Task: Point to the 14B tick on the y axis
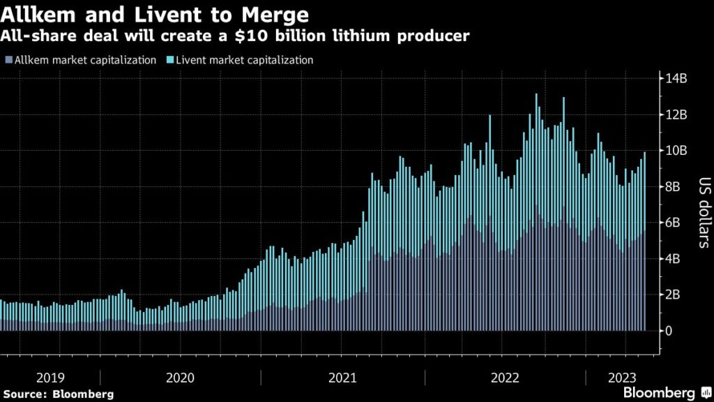pyautogui.click(x=677, y=78)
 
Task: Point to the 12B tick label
pyautogui.click(x=677, y=114)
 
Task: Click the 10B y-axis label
pyautogui.click(x=677, y=151)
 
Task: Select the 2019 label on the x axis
pyautogui.click(x=50, y=378)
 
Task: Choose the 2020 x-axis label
pyautogui.click(x=180, y=378)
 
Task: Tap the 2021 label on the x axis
pyautogui.click(x=342, y=378)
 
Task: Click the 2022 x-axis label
pyautogui.click(x=505, y=378)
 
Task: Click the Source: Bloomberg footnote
pyautogui.click(x=58, y=394)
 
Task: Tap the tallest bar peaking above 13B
pyautogui.click(x=536, y=209)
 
